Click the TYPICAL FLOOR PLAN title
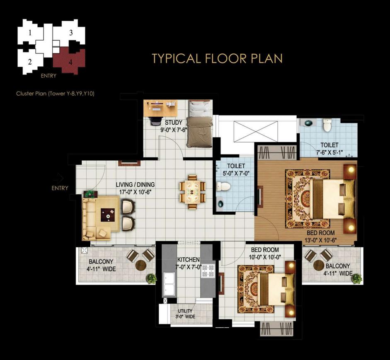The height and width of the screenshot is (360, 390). [217, 58]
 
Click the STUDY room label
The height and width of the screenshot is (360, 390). [174, 123]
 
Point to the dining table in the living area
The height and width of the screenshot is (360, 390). [192, 192]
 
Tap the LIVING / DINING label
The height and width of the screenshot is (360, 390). [135, 185]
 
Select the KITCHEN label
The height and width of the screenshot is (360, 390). [188, 260]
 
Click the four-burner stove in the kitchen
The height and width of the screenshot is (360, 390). [208, 271]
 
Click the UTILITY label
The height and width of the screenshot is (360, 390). [185, 311]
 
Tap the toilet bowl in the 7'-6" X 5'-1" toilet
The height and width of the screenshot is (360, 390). [327, 125]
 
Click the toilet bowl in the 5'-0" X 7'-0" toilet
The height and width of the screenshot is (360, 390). [223, 186]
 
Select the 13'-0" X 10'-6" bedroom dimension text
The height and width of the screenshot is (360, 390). [321, 240]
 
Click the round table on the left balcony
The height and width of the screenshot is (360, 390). [141, 266]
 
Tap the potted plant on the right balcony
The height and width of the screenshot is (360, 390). [357, 278]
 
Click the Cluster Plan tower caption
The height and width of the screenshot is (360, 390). [55, 94]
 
